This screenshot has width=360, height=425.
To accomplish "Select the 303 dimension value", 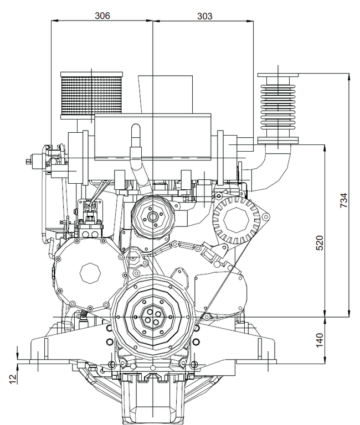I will click(x=204, y=15).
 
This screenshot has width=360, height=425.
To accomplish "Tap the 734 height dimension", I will click(x=343, y=200).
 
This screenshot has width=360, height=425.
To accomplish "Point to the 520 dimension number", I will click(x=320, y=242).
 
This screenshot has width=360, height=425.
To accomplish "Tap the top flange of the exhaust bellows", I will click(x=278, y=75).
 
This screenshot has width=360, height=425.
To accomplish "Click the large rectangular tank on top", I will click(x=152, y=136).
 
